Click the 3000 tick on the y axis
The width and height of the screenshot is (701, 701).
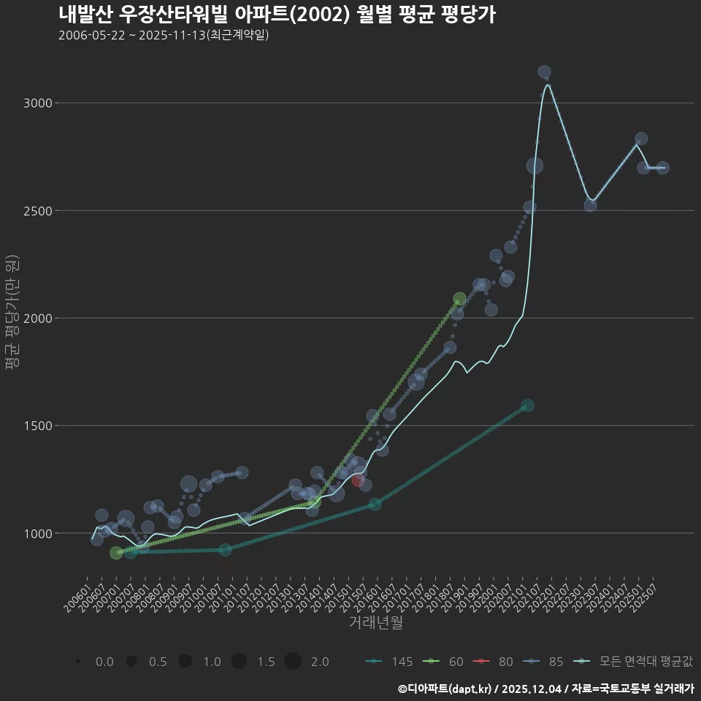[38, 103]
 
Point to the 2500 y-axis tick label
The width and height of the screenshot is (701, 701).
[38, 211]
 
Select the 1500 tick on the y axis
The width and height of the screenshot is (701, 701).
[38, 426]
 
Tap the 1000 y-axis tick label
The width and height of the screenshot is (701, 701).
[38, 534]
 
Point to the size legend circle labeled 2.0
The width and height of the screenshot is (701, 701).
[293, 662]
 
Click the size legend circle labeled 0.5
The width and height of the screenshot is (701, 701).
[131, 662]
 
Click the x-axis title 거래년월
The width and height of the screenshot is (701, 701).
[375, 623]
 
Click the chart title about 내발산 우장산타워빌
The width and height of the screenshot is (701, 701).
[277, 15]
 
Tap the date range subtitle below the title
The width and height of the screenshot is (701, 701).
[164, 35]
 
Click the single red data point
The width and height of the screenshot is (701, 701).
[358, 480]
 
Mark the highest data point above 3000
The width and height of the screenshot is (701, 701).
[544, 72]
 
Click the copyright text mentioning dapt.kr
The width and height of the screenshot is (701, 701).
[545, 689]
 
